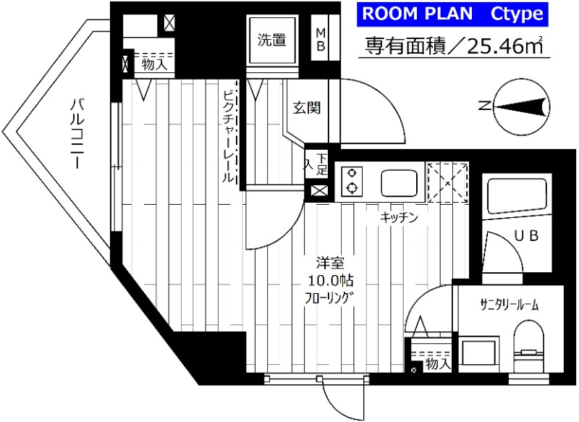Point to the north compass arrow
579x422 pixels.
click(x=517, y=107)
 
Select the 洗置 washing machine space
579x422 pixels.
click(x=271, y=41)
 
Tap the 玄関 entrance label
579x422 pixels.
click(x=307, y=109)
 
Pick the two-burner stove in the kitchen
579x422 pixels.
click(x=352, y=181)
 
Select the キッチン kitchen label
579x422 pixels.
click(x=399, y=217)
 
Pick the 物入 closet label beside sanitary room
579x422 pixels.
click(x=436, y=364)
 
